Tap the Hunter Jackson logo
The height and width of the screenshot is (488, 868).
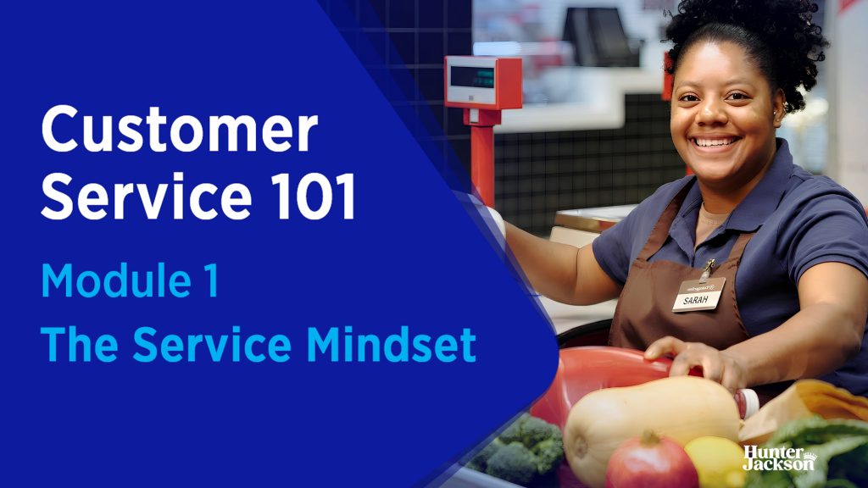click(779, 458)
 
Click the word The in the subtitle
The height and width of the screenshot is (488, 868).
click(80, 344)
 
